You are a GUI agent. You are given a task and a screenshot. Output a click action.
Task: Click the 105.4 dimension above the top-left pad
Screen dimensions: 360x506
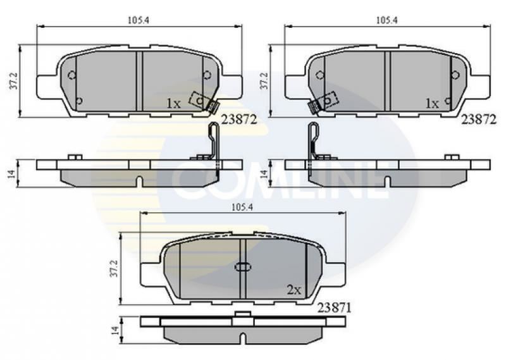point(134,20)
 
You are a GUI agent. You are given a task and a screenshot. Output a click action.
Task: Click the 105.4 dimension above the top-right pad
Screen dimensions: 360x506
point(386,20)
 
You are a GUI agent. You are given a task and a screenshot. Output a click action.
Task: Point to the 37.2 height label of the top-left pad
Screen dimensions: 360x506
point(13,80)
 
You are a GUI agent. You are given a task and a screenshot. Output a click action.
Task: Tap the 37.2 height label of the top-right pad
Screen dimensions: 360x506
point(264,80)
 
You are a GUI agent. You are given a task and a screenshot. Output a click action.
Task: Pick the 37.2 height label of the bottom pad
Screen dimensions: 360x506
point(114,268)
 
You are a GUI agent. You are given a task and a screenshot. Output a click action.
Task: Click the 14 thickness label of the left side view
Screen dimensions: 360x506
point(11,173)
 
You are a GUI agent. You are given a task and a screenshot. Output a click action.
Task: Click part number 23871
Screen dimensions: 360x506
point(335,307)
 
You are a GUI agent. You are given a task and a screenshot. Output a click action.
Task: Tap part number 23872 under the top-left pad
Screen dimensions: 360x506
point(238,119)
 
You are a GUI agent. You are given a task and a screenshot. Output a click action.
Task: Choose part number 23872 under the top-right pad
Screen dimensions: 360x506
point(478,119)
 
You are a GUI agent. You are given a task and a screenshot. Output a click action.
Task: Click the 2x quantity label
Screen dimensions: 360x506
point(293,290)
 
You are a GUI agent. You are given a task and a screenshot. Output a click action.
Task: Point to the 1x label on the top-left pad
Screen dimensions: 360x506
point(173,102)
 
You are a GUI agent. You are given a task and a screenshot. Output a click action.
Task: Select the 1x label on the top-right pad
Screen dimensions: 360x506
point(432,102)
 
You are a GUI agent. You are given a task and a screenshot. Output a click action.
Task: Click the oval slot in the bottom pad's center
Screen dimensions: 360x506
point(243,266)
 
